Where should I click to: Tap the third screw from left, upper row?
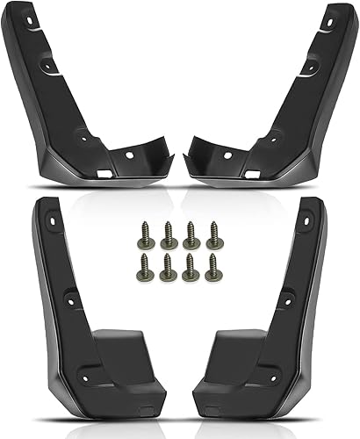(191, 232)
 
